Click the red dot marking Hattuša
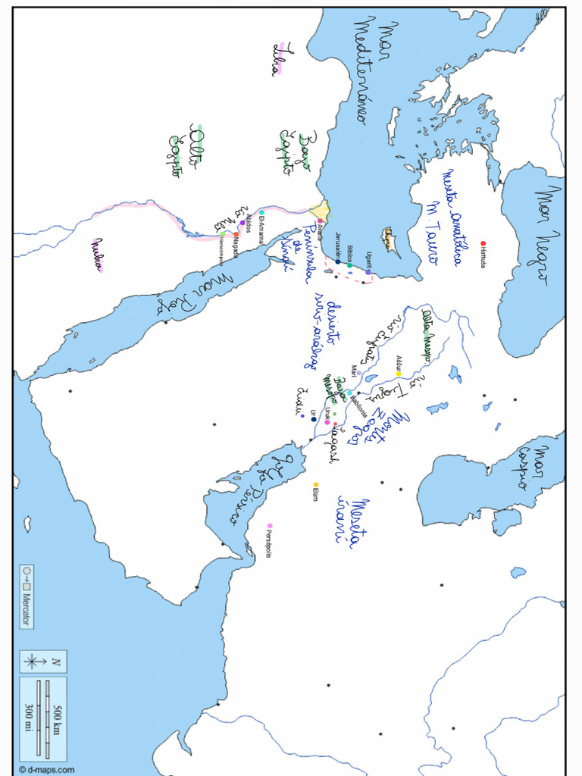(483, 244)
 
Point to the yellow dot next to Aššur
(398, 374)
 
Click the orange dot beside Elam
(316, 485)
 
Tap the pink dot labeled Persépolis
(270, 526)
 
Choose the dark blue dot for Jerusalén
(338, 261)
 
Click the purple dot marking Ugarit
(368, 272)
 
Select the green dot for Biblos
(349, 265)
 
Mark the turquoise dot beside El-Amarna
(261, 213)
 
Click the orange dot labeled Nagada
(236, 235)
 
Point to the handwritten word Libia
(278, 59)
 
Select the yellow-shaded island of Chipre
(392, 239)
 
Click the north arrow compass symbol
(34, 662)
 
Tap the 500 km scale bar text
(56, 718)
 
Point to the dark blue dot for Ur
(314, 419)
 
